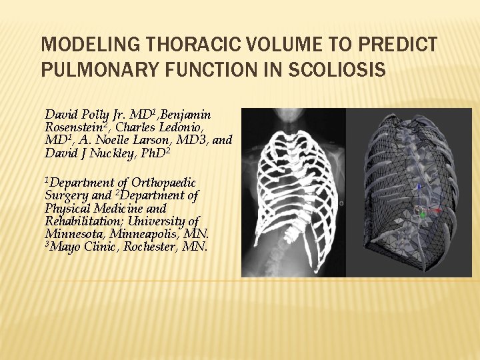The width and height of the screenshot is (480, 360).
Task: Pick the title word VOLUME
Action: pyautogui.click(x=279, y=45)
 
